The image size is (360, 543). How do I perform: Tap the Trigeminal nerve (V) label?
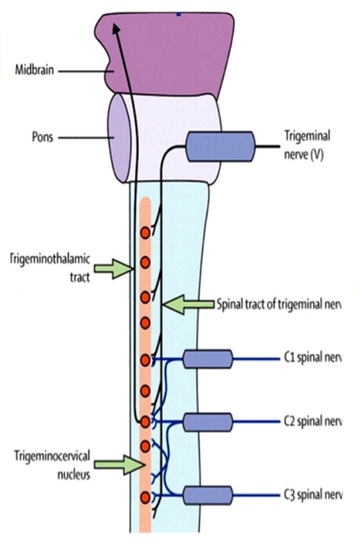pos(307,146)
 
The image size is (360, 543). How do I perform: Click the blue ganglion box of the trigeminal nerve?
pos(220,146)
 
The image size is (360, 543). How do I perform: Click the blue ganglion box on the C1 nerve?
pos(208,359)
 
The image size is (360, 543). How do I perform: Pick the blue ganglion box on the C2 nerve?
pos(208,423)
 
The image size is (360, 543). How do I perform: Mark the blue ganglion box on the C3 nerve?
pos(208,495)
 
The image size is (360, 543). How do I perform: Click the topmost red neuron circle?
pos(145,232)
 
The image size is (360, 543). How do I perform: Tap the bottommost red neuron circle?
pos(145,497)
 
